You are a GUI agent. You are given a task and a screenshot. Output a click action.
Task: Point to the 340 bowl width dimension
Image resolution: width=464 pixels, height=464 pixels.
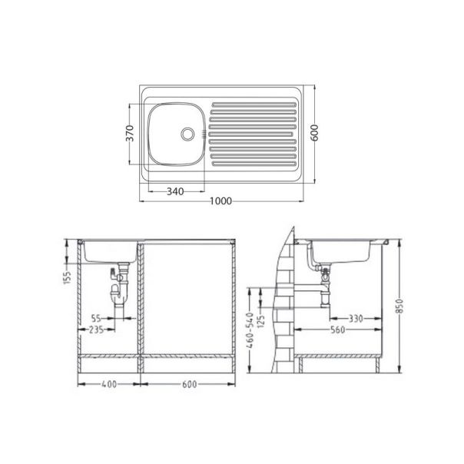pos(175,191)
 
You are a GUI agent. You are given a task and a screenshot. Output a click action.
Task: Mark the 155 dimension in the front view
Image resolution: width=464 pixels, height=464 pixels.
pos(68,274)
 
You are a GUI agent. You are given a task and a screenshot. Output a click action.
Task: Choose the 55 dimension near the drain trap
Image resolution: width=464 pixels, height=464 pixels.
pos(97,317)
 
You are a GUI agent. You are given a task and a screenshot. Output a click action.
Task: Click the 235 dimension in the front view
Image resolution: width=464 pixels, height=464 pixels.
pos(96,330)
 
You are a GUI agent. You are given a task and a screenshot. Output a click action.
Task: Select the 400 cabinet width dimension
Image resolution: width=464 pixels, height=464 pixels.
pos(110,384)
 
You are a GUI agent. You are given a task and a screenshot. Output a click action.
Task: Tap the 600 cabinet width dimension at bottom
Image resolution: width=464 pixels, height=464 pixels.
pos(187,384)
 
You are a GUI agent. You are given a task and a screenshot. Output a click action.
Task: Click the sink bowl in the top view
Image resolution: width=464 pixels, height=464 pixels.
pos(174,134)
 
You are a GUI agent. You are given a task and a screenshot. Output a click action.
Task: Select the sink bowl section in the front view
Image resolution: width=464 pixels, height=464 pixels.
pos(110,252)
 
